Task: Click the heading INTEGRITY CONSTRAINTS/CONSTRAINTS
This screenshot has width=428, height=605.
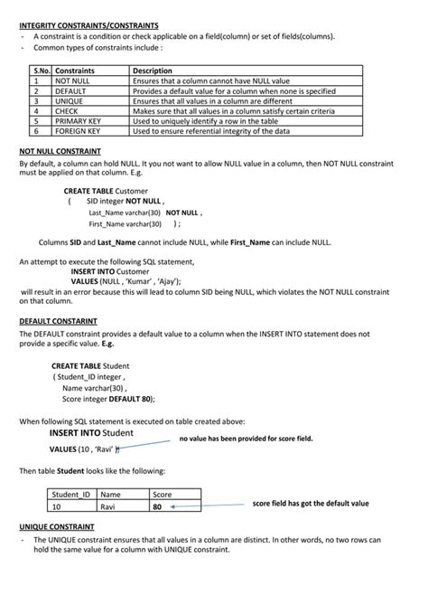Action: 88,25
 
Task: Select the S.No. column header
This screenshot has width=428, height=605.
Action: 42,70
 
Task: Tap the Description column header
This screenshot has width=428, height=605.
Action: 152,70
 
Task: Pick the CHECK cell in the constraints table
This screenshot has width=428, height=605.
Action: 67,110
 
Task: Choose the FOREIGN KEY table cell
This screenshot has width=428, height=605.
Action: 78,130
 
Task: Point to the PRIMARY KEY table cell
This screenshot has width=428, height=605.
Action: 77,120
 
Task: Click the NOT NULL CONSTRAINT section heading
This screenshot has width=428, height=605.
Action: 60,151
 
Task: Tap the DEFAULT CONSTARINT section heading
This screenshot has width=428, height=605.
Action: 58,321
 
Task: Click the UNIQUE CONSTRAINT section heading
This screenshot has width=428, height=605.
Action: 57,525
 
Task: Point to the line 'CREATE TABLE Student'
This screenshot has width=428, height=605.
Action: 90,365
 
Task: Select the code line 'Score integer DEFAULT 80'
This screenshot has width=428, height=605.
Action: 108,398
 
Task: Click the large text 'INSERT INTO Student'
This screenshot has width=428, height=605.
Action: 91,432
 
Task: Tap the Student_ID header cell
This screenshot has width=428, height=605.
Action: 71,495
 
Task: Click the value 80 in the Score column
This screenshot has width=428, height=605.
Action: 157,506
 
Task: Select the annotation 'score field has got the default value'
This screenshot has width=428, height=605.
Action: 310,503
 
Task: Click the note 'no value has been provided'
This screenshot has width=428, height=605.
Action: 246,438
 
